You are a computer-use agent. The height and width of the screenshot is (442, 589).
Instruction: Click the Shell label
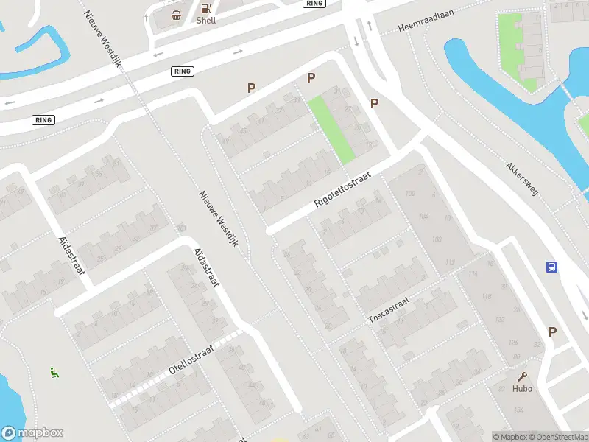(x=205, y=21)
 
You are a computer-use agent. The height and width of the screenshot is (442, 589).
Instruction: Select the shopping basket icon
(x=177, y=15)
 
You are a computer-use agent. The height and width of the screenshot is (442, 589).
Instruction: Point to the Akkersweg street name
(x=522, y=179)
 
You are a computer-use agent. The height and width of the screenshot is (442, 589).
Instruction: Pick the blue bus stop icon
(x=551, y=267)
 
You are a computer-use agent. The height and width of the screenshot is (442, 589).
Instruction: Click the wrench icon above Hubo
(x=523, y=376)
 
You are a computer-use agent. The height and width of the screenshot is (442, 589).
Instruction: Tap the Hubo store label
(x=523, y=388)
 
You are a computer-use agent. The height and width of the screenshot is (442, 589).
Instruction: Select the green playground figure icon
(x=53, y=373)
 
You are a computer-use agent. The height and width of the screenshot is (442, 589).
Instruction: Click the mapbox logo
(x=32, y=433)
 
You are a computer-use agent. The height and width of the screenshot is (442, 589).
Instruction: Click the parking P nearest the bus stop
(x=552, y=332)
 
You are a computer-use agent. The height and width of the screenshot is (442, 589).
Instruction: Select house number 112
(x=450, y=262)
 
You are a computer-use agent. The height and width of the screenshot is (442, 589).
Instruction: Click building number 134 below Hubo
(x=518, y=410)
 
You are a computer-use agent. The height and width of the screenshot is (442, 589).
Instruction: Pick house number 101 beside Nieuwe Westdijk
(x=182, y=228)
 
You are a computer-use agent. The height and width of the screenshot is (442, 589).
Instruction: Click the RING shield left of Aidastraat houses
(x=43, y=119)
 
